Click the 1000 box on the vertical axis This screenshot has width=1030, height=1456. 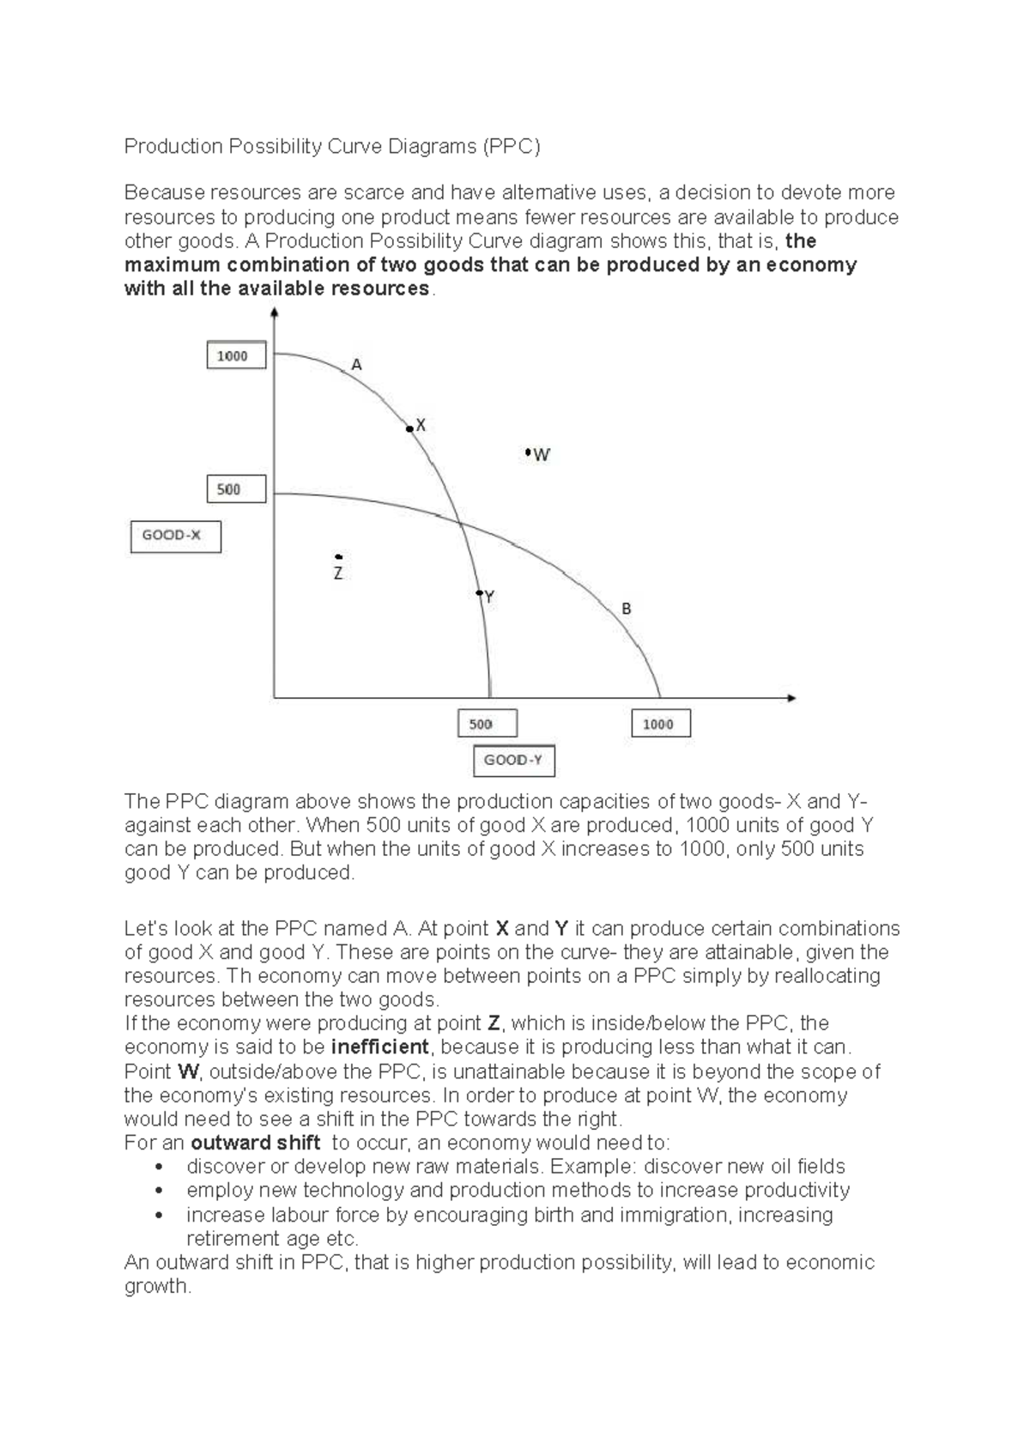pos(236,355)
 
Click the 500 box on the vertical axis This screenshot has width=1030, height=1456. pos(236,489)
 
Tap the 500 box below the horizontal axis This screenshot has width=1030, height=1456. pos(488,724)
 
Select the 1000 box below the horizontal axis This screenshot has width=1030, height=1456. pos(661,724)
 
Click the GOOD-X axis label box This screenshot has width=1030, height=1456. pos(175,536)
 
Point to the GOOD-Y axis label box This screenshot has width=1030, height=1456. pos(514,761)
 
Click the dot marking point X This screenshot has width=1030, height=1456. pos(410,428)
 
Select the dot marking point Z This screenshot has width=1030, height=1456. pos(339,556)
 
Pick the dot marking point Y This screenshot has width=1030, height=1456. pos(480,593)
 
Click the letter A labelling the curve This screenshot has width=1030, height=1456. pos(357,365)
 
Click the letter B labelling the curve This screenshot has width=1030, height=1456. pos(627,609)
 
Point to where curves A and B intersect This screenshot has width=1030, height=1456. pos(459,523)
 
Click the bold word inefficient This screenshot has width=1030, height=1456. pos(379,1047)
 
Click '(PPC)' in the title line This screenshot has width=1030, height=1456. pos(512,146)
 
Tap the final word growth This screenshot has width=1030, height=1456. pos(155,1286)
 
